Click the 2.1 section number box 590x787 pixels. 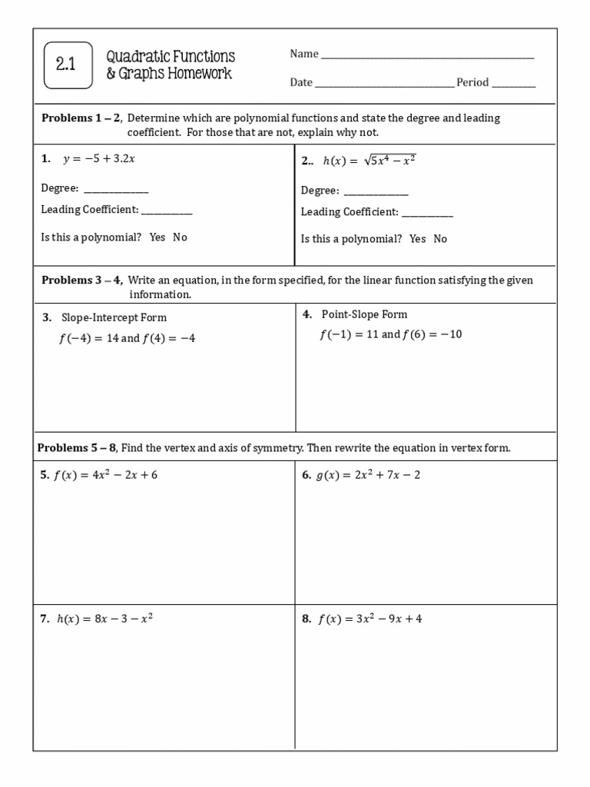(x=68, y=65)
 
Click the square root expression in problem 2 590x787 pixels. (x=389, y=160)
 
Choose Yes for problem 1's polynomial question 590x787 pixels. (x=157, y=237)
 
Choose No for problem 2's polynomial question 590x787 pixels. (x=440, y=239)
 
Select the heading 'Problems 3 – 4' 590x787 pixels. (x=81, y=281)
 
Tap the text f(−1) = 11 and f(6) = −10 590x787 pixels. (x=390, y=335)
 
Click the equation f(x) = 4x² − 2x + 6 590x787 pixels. (x=105, y=475)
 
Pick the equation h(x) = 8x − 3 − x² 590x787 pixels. (x=104, y=618)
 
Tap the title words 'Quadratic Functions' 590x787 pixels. (x=171, y=57)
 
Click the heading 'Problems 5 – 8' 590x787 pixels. (x=77, y=448)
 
